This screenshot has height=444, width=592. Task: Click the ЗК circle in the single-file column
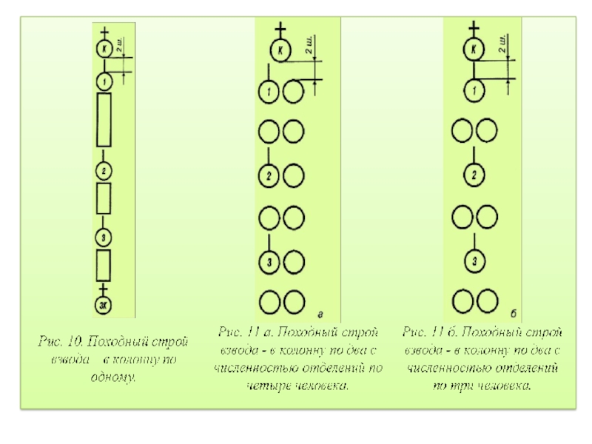pos(104,303)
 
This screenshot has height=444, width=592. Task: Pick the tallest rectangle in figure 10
pos(104,119)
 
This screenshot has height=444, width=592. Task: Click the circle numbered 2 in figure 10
pos(104,170)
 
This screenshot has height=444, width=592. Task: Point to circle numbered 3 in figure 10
pos(104,237)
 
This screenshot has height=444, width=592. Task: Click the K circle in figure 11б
pos(474,50)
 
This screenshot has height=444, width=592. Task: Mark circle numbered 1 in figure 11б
pos(474,91)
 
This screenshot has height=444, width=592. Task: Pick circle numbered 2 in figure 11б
pos(474,176)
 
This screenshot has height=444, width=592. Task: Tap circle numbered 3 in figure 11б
pos(474,261)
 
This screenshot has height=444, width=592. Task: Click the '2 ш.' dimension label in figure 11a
pos(312,50)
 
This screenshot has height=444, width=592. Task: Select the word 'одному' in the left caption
pos(112,377)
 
